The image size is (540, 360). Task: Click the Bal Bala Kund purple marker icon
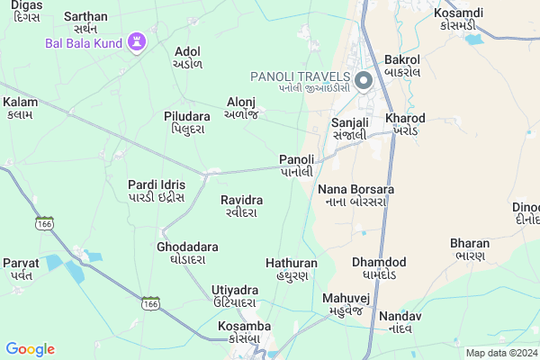pyautogui.click(x=136, y=42)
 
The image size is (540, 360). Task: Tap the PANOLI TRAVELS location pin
pyautogui.click(x=364, y=81)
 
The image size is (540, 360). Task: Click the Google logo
pyautogui.click(x=30, y=349)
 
